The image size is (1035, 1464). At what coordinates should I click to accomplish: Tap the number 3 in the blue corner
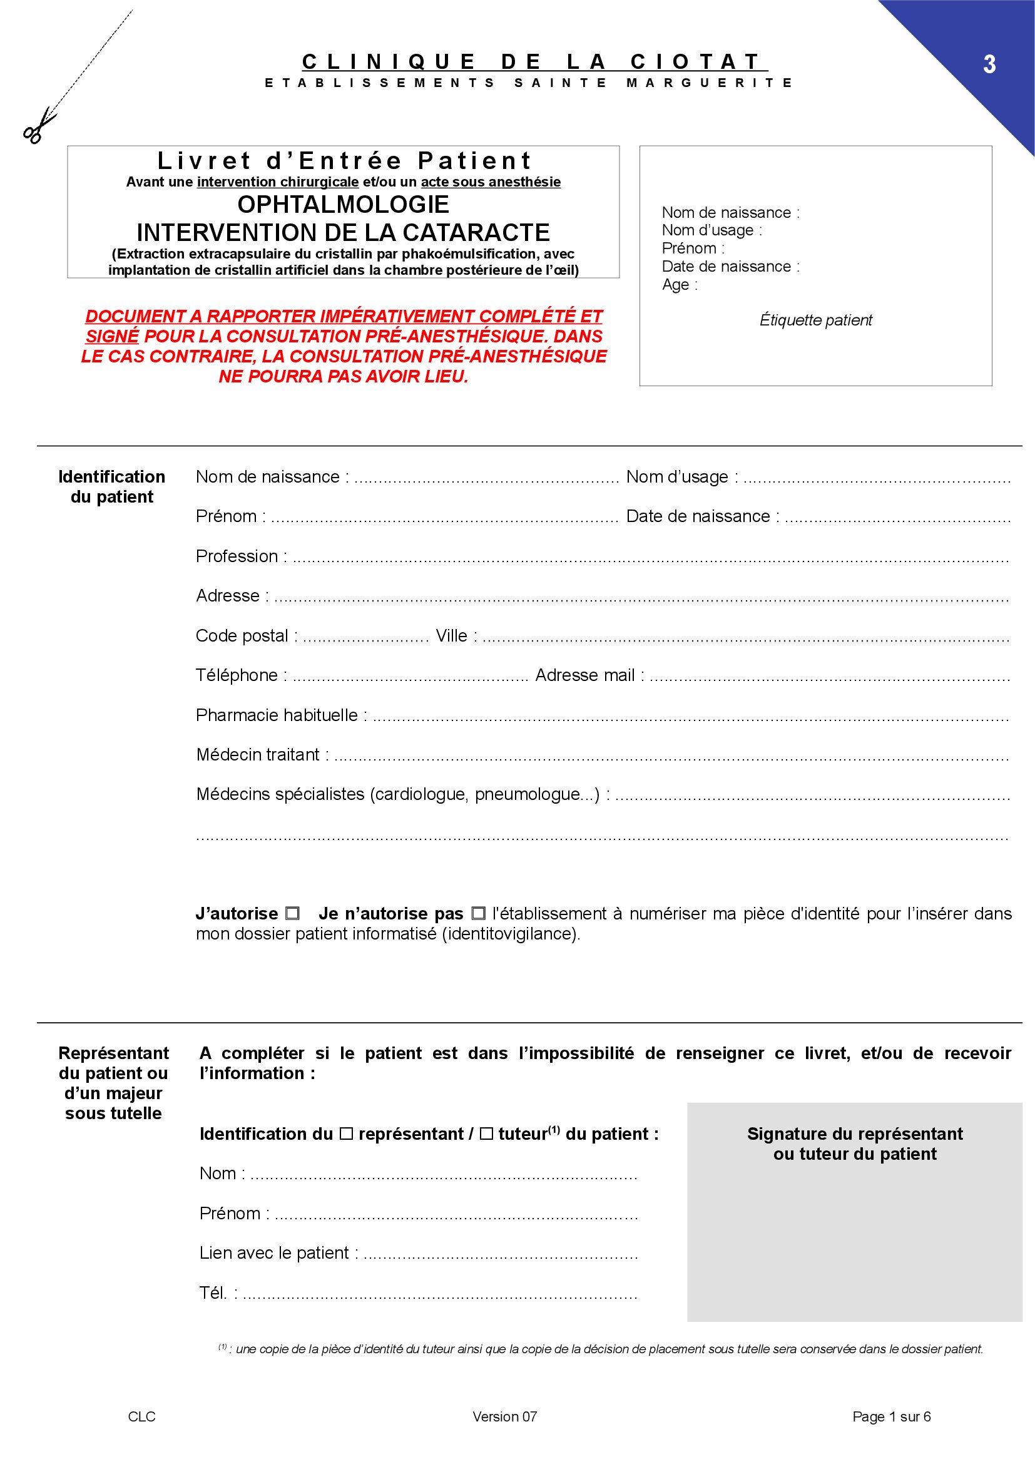989,64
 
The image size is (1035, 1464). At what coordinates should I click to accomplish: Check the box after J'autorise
292,913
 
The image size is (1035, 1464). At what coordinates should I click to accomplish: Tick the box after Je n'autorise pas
478,913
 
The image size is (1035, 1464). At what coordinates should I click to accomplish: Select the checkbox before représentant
346,1134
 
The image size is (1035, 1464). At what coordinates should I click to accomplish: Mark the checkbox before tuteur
486,1134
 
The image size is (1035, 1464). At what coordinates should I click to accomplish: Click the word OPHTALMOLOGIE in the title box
343,204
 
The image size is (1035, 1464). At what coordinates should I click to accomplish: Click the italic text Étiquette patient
815,320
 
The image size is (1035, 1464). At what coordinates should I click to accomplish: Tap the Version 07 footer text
504,1416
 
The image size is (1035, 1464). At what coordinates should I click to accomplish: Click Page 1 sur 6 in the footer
891,1416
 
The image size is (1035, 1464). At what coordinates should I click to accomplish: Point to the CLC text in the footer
141,1416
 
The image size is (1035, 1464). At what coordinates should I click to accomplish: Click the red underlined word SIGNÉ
112,336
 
